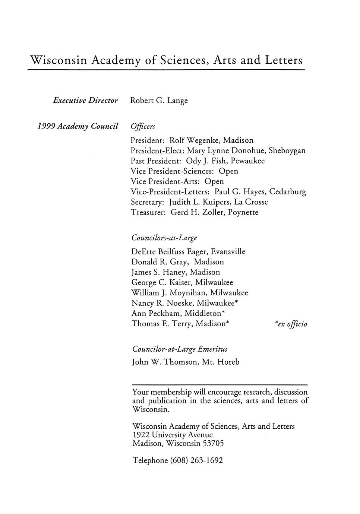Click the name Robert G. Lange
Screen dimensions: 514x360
pyautogui.click(x=159, y=101)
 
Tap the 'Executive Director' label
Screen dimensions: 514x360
pyautogui.click(x=85, y=101)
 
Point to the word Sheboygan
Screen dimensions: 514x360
pyautogui.click(x=287, y=151)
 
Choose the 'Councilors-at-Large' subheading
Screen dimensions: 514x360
pyautogui.click(x=164, y=238)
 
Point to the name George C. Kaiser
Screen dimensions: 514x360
pyautogui.click(x=161, y=282)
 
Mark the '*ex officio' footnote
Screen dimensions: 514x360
pyautogui.click(x=291, y=324)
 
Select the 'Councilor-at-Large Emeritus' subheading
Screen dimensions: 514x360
pyautogui.click(x=180, y=349)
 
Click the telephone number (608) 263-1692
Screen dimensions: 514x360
pyautogui.click(x=196, y=460)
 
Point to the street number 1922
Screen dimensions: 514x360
pyautogui.click(x=141, y=435)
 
